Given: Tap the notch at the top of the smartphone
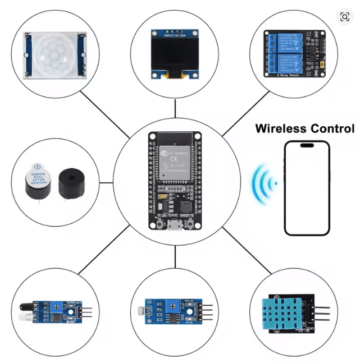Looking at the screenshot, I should pyautogui.click(x=307, y=146).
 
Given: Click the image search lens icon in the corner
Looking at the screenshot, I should pyautogui.click(x=344, y=17).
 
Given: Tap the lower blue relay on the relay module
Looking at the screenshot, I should pyautogui.click(x=293, y=63).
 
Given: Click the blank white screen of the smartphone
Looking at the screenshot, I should pyautogui.click(x=307, y=191).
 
